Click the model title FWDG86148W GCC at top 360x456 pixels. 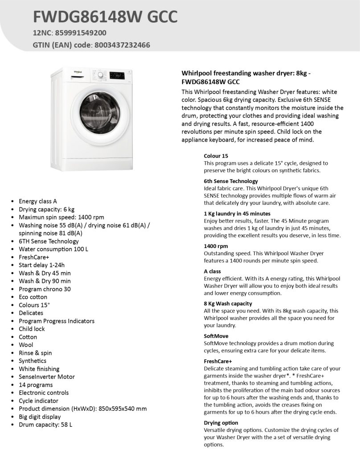click(x=106, y=17)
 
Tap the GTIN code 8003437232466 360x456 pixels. click(x=122, y=45)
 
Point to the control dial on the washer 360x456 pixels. click(x=101, y=76)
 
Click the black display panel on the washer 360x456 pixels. click(x=117, y=76)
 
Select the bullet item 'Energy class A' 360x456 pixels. click(x=38, y=201)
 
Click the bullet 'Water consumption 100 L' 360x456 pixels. click(x=53, y=249)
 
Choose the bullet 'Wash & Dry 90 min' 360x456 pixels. click(x=45, y=281)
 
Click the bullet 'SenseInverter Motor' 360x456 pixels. click(x=47, y=377)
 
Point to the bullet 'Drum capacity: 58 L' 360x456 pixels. click(x=45, y=424)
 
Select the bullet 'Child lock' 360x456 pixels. click(x=32, y=329)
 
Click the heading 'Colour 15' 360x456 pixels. click(x=216, y=156)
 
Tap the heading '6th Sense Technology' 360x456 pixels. click(x=231, y=181)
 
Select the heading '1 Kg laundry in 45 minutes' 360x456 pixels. click(x=237, y=214)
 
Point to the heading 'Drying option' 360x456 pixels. click(x=221, y=423)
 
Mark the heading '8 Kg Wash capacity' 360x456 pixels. click(x=228, y=304)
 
